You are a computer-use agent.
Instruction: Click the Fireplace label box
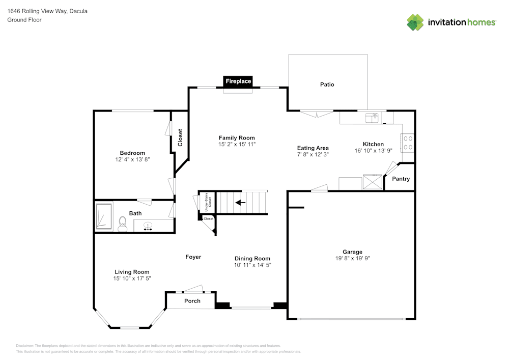click(238, 81)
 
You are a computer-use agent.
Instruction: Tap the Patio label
click(327, 85)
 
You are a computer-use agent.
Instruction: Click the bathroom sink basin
click(148, 225)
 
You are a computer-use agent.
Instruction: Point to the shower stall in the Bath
click(104, 216)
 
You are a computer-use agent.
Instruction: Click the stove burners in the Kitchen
click(408, 142)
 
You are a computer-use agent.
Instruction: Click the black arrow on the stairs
click(240, 202)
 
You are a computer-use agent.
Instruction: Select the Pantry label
click(401, 179)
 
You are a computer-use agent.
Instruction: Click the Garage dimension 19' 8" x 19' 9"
click(352, 259)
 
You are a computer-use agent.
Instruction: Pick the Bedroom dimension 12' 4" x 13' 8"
click(132, 159)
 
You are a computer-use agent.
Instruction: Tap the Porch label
click(192, 301)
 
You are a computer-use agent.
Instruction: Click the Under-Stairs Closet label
click(208, 203)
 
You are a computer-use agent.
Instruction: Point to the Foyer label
click(193, 257)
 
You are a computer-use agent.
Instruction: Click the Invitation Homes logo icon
click(415, 22)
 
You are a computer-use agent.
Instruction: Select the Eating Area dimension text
click(313, 154)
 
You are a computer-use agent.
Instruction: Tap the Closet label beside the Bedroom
click(180, 137)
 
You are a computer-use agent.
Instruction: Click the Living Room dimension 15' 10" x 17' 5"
click(132, 279)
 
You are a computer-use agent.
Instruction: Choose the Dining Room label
click(252, 259)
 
